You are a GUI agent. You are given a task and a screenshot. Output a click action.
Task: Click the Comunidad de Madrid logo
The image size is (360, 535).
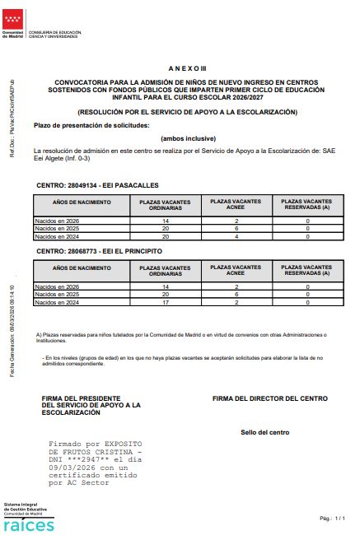click(13, 24)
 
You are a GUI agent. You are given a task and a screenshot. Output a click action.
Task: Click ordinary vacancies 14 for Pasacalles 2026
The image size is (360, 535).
click(165, 221)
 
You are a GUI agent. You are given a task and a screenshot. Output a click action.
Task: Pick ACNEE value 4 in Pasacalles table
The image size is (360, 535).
click(236, 236)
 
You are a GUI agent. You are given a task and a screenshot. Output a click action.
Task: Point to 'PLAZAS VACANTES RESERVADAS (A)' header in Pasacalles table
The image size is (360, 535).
click(306, 205)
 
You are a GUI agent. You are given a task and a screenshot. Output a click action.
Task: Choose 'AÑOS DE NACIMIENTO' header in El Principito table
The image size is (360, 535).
click(82, 268)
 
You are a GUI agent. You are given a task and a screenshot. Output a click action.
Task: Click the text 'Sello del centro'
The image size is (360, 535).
click(265, 432)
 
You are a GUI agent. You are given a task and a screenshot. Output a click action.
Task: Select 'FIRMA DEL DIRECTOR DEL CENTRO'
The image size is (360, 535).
click(269, 398)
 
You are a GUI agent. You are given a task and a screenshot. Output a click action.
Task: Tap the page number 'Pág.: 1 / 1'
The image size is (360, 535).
click(332, 519)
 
